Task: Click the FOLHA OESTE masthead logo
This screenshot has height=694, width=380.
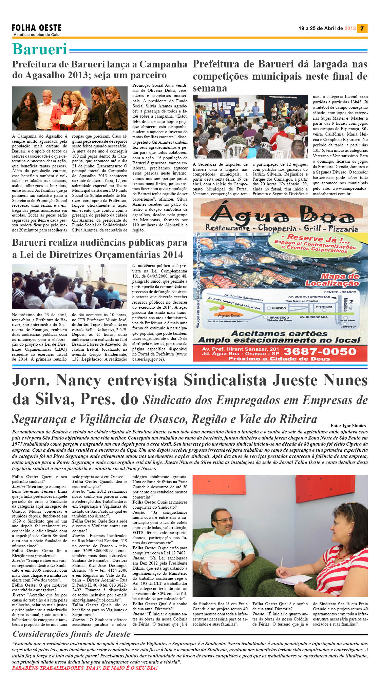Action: click(x=36, y=28)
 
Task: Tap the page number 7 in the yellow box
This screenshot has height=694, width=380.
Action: click(x=362, y=28)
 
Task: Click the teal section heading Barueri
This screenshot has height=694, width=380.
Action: click(x=40, y=49)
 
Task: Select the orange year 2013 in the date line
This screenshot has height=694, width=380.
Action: click(x=350, y=28)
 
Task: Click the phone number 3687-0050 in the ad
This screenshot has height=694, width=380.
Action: click(x=320, y=351)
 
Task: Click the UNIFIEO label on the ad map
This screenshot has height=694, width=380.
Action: click(x=279, y=308)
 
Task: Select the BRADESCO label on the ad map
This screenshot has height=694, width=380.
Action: click(x=279, y=318)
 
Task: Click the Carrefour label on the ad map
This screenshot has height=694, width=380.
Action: click(x=348, y=327)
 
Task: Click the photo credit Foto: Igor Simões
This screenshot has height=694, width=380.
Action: click(x=348, y=426)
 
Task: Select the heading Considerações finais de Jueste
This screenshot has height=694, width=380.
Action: click(x=72, y=634)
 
